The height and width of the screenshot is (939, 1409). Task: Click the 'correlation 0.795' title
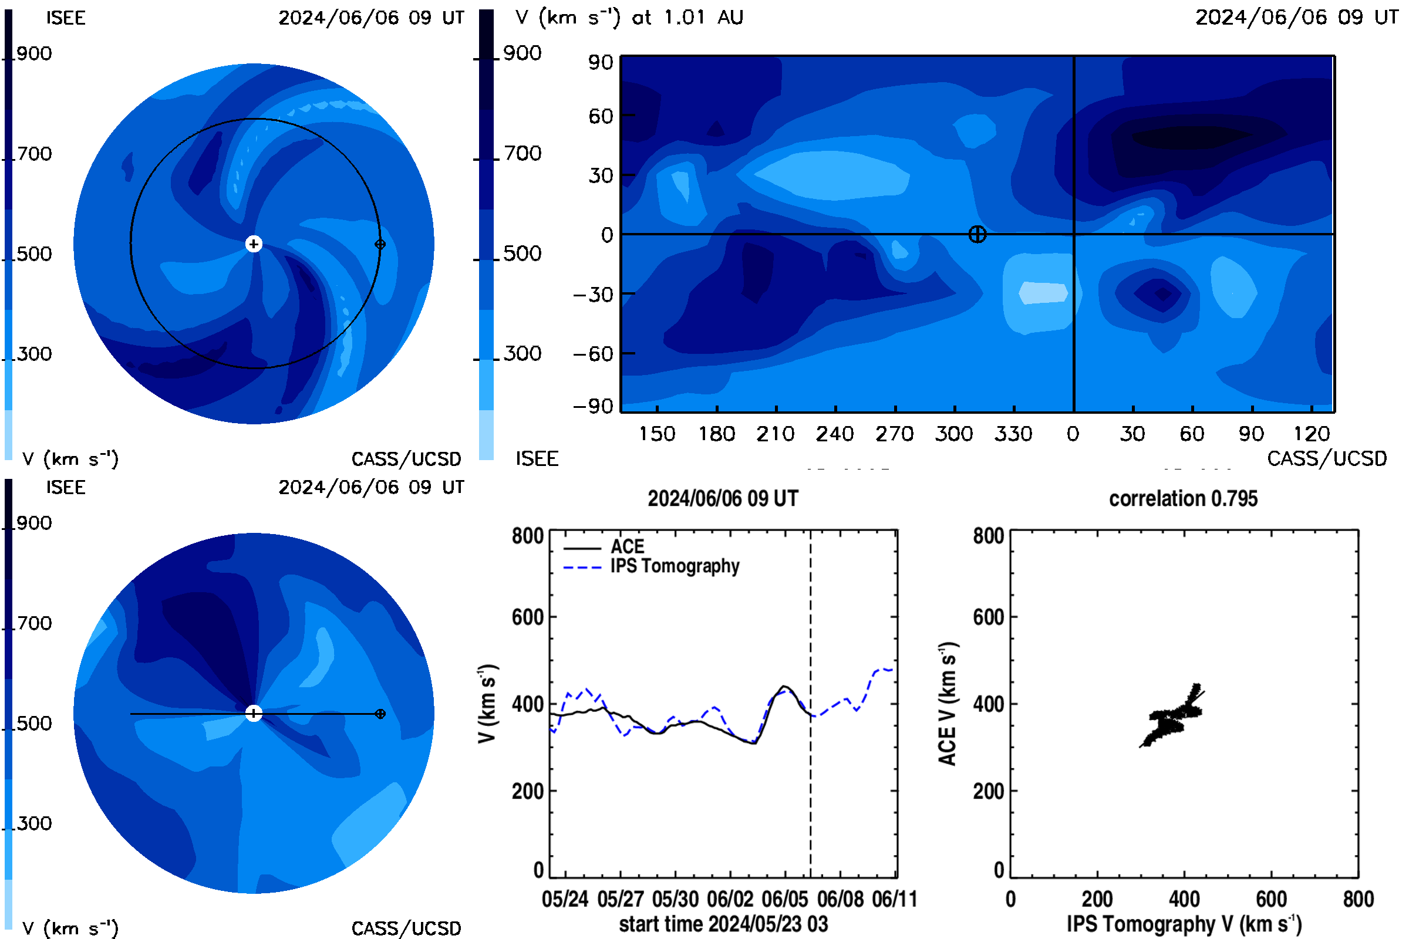point(1183,499)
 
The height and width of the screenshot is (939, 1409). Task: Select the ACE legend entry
point(604,547)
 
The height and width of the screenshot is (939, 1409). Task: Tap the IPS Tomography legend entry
point(651,566)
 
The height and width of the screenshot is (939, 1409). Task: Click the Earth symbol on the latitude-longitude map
point(977,234)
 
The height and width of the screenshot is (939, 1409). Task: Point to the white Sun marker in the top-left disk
point(254,244)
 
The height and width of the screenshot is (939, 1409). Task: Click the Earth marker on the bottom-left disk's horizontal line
point(380,714)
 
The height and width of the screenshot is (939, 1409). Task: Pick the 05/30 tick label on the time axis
point(675,900)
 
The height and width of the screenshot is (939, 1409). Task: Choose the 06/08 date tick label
point(841,900)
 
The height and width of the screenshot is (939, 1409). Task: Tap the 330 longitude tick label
point(1014,434)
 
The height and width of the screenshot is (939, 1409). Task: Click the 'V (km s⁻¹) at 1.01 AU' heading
point(629,17)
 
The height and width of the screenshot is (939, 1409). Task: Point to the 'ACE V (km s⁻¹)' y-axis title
point(948,704)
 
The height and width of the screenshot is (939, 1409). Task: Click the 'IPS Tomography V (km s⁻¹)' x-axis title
point(1184,924)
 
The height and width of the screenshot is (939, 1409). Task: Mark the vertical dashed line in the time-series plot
point(811,704)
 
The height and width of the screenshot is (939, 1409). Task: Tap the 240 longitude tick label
point(835,434)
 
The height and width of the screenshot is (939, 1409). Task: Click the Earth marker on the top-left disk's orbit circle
point(380,244)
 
